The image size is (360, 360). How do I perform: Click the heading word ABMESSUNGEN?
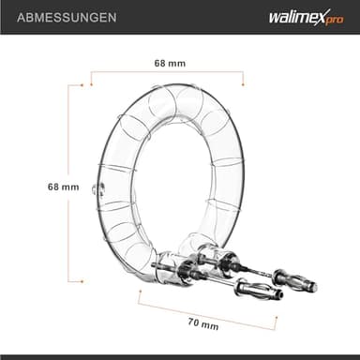(x=59, y=17)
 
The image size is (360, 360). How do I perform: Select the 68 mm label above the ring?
(x=168, y=63)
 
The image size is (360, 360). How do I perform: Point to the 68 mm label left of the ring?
(x=37, y=187)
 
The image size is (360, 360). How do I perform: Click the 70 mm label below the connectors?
(x=203, y=325)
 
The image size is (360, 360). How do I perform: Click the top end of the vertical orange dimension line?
(x=68, y=85)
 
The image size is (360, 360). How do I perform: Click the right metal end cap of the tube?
(x=207, y=255)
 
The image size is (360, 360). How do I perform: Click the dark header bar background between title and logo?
(x=178, y=17)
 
